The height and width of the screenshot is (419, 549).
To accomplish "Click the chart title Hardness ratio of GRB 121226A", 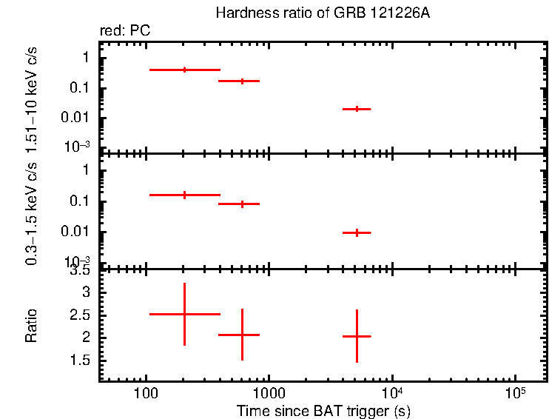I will [x=322, y=13].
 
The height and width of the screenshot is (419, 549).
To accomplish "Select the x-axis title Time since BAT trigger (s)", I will [x=323, y=410].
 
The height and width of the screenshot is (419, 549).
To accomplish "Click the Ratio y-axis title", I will [x=32, y=326].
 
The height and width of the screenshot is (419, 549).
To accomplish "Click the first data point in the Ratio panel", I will [x=184, y=314].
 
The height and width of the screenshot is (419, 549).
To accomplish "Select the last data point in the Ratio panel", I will [x=357, y=336].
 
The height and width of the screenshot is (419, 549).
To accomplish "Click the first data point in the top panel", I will [x=184, y=70].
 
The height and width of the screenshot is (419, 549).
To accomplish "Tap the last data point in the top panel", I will [x=357, y=109].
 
